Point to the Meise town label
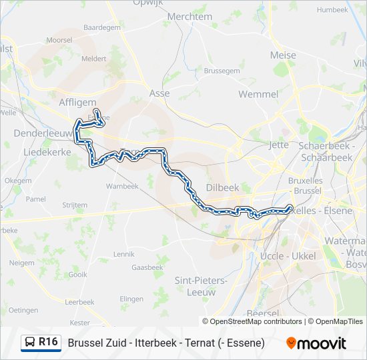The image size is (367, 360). (x=283, y=55)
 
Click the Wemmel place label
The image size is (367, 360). (x=258, y=94)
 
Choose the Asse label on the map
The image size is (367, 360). (x=159, y=94)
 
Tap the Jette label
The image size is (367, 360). (x=278, y=144)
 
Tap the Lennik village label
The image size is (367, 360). (x=123, y=254)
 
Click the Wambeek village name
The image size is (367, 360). (x=122, y=187)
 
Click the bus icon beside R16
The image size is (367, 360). (x=30, y=343)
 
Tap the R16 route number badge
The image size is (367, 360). (x=48, y=343)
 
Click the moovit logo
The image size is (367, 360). (x=316, y=343)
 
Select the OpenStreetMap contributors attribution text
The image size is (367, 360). (x=256, y=321)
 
